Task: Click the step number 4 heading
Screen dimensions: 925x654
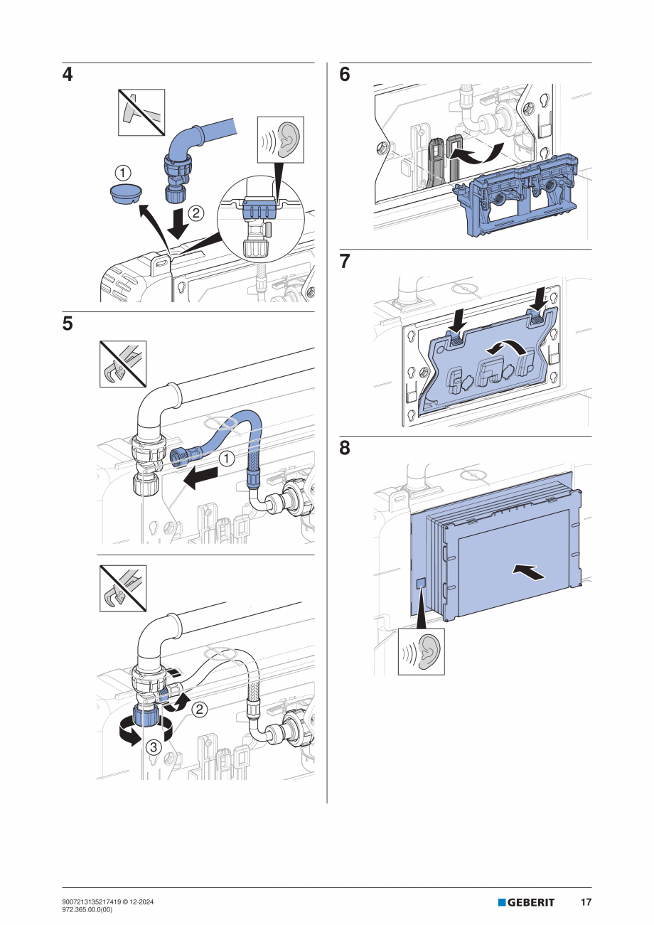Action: point(68,75)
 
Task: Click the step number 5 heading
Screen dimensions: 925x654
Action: point(68,324)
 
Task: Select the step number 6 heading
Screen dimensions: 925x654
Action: point(345,75)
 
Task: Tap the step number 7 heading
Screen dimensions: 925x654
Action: point(345,262)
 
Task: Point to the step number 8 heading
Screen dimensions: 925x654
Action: point(345,449)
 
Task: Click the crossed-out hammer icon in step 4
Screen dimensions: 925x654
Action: point(141,112)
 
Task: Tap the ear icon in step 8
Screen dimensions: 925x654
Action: point(421,651)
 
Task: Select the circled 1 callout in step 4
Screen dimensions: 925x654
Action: point(124,172)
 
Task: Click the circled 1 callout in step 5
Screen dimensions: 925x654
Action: point(226,459)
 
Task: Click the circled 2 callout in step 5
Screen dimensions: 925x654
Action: point(200,708)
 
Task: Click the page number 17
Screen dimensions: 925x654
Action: point(586,902)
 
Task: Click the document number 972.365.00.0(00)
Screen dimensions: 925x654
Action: point(93,909)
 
